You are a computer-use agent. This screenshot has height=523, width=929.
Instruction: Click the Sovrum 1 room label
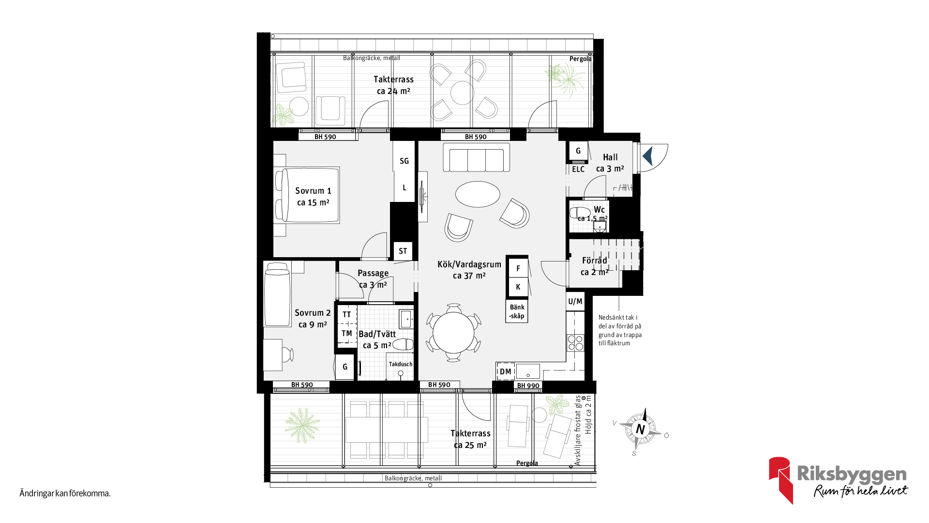point(313,197)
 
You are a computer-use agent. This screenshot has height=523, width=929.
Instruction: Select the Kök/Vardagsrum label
point(469,270)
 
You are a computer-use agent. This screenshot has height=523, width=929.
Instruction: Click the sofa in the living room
point(476,157)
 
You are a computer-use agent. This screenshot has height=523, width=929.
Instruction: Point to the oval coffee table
point(478,194)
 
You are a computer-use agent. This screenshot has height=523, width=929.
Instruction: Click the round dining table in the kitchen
point(453,333)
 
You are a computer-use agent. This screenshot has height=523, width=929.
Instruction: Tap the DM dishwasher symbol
point(506,371)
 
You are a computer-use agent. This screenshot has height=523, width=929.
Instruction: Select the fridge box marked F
point(518,268)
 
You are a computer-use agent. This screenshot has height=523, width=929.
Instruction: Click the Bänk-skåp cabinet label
point(517,311)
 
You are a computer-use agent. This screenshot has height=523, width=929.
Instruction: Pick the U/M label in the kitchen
point(575,301)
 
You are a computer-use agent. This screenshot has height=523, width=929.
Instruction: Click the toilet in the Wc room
point(580,213)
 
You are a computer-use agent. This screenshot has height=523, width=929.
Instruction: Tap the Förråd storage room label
point(595,266)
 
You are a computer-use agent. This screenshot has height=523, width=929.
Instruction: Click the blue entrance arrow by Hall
point(648,156)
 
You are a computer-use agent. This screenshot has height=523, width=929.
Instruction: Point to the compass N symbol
point(641,429)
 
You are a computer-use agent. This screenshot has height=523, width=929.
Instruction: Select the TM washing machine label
point(347,333)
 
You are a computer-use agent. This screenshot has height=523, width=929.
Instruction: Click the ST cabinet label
point(403,251)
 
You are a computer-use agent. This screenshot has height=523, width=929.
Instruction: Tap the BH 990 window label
point(528,386)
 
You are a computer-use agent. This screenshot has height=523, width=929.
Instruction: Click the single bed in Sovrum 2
point(277,294)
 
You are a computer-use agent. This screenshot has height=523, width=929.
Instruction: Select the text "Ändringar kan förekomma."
point(65,493)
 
